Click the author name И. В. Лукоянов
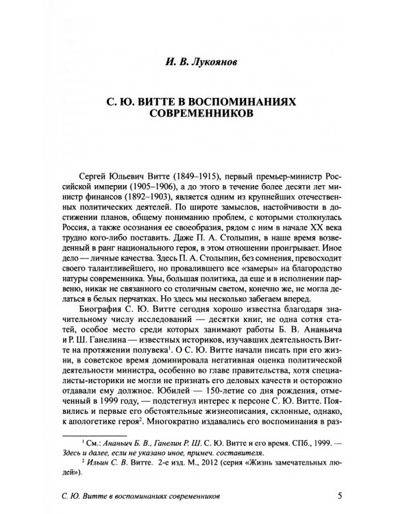point(205,67)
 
